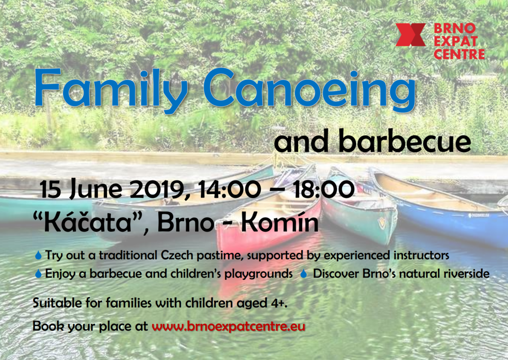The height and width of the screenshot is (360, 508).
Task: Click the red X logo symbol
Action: pyautogui.click(x=410, y=35)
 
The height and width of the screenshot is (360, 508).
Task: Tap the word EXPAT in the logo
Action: pyautogui.click(x=456, y=41)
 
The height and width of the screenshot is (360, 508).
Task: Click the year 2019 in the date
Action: pyautogui.click(x=161, y=189)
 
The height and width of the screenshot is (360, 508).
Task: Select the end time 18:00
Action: pyautogui.click(x=324, y=189)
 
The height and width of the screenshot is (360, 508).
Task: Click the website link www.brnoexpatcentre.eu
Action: pyautogui.click(x=228, y=325)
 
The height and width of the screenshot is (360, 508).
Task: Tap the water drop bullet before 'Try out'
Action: pyautogui.click(x=38, y=255)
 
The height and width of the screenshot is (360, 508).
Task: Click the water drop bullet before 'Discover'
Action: pyautogui.click(x=303, y=274)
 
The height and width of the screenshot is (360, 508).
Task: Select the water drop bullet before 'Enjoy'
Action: pyautogui.click(x=38, y=274)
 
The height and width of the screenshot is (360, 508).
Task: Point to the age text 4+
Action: pyautogui.click(x=279, y=303)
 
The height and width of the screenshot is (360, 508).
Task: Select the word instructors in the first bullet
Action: pyautogui.click(x=421, y=255)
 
